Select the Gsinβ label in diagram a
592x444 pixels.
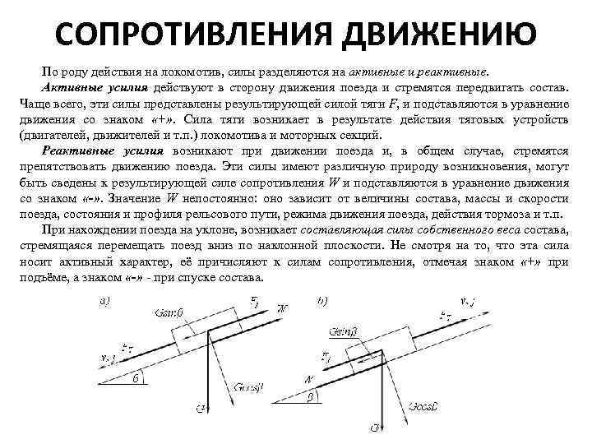click(170, 313)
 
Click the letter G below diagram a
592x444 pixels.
click(201, 407)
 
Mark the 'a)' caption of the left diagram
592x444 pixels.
click(106, 302)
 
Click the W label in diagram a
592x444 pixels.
click(284, 308)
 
